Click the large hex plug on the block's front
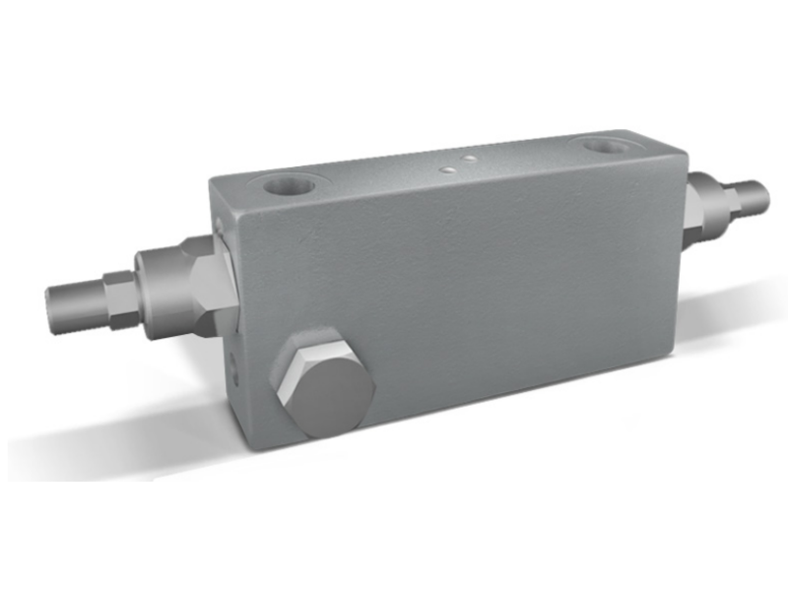pyautogui.click(x=326, y=385)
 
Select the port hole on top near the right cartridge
pyautogui.click(x=604, y=148)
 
